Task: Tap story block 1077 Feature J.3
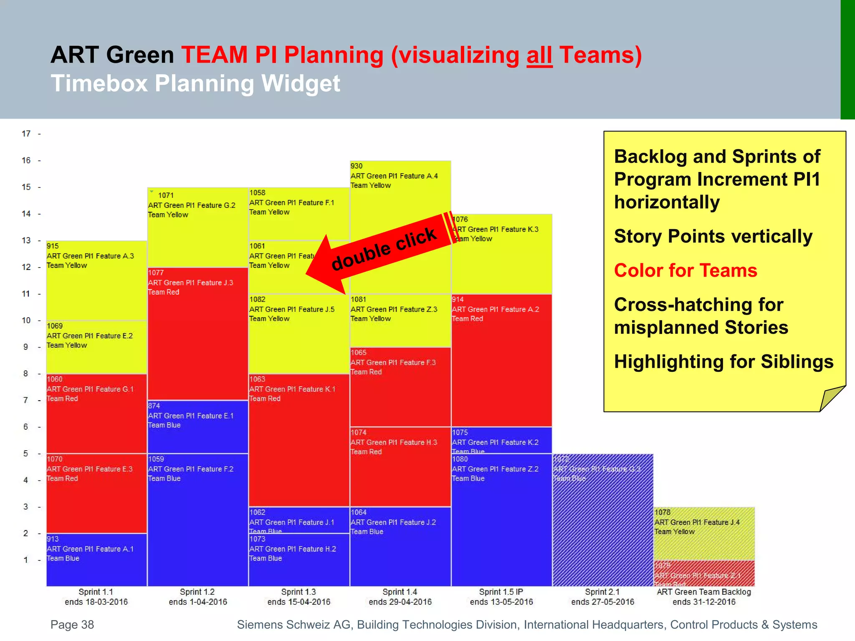[x=198, y=334]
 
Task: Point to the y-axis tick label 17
[x=26, y=134]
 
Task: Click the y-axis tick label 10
[x=26, y=320]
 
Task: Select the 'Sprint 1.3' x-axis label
[x=298, y=592]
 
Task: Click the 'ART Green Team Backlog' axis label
[x=704, y=592]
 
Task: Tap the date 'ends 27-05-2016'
[x=602, y=602]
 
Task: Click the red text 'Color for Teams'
[x=686, y=270]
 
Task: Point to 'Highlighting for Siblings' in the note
[x=723, y=361]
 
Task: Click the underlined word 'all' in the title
[x=539, y=55]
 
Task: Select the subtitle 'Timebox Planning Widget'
[x=195, y=83]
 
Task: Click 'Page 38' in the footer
[x=72, y=624]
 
